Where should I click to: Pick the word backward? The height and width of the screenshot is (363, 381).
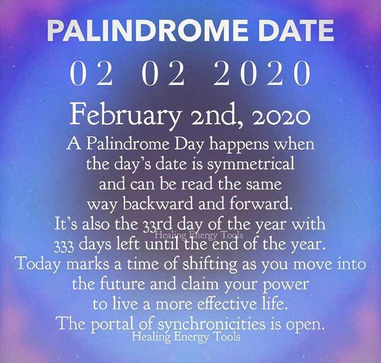(x=158, y=204)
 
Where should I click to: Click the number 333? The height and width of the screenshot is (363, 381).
(x=63, y=246)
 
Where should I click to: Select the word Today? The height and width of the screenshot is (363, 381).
(x=39, y=264)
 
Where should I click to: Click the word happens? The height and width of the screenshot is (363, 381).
(x=239, y=145)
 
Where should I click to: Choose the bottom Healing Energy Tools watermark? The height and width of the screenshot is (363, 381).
(x=186, y=337)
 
